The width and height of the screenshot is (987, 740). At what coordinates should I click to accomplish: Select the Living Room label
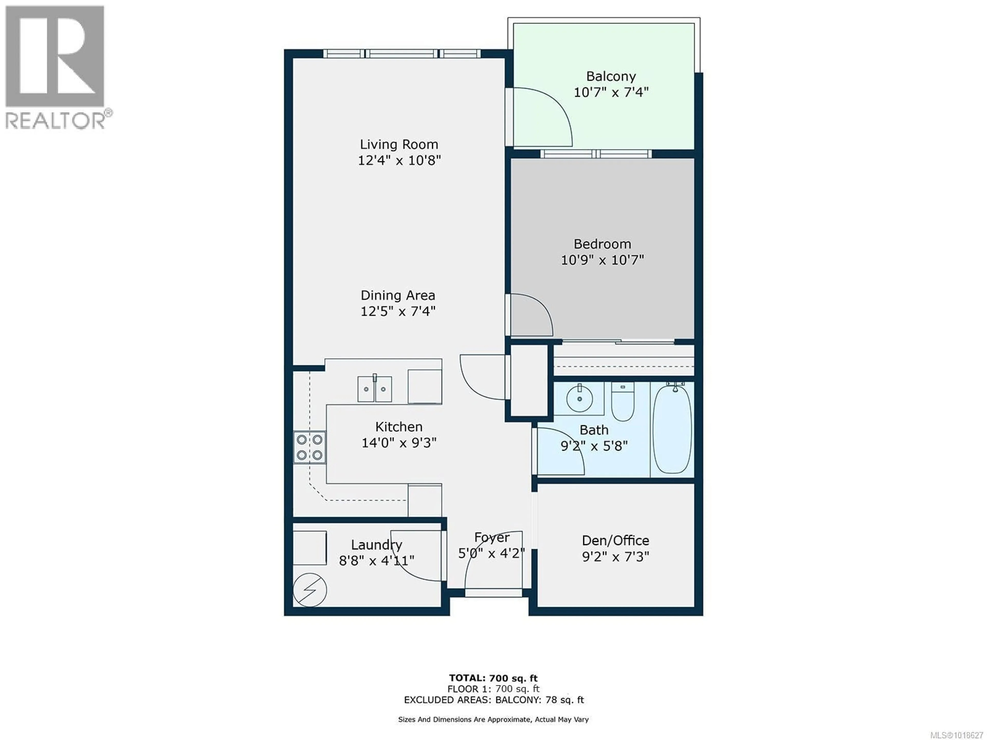point(399,144)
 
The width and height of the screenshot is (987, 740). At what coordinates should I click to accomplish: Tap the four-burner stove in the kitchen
point(309,447)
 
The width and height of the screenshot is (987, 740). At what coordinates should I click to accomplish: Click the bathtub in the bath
point(672,430)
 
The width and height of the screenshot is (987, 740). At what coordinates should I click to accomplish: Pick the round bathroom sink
point(579,398)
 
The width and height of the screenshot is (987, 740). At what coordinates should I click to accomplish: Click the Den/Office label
point(615,541)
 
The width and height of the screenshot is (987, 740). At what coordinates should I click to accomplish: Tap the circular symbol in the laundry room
point(310,590)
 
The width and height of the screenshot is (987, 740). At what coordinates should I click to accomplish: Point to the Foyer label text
point(492,538)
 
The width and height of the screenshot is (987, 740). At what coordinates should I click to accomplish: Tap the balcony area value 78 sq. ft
point(564,700)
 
